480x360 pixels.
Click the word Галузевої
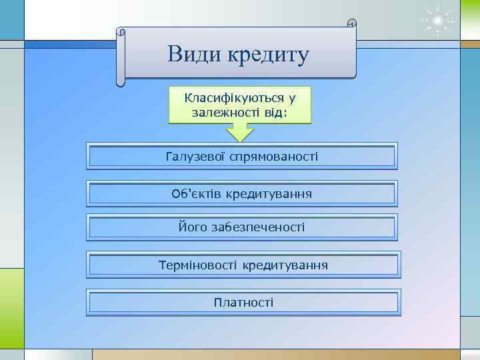196,157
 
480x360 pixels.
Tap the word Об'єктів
196,194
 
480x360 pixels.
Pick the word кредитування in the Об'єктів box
269,194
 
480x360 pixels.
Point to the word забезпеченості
257,227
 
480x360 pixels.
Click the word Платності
243,303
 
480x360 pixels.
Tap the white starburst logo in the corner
437,22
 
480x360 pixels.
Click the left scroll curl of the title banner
121,57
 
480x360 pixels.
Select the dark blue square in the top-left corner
11,19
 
